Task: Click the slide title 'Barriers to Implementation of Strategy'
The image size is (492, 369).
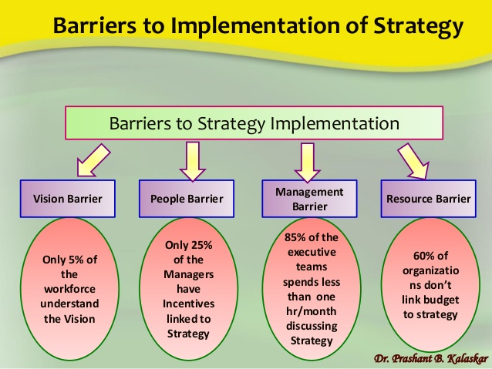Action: pos(258,25)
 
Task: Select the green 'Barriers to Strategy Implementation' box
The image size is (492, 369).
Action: pos(254,123)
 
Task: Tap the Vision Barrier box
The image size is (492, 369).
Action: pos(67,198)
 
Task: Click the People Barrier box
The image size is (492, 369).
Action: pos(186,198)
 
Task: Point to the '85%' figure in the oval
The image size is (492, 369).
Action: pos(295,239)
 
